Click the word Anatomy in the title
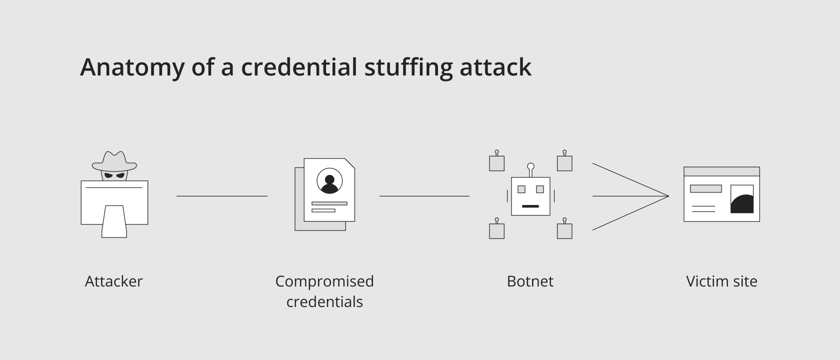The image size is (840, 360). (x=132, y=68)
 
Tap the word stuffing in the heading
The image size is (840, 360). (x=408, y=68)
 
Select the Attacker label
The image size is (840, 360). (x=114, y=281)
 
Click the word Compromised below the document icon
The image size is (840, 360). (x=324, y=281)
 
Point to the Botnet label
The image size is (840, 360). (x=530, y=281)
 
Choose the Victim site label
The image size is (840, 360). (x=721, y=281)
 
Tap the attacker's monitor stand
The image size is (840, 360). (x=114, y=221)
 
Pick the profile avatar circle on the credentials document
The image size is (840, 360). (x=329, y=181)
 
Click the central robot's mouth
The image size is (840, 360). (x=530, y=206)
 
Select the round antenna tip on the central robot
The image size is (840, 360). (x=530, y=166)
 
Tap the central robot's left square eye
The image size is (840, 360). (x=521, y=189)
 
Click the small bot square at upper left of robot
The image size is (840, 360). (x=497, y=163)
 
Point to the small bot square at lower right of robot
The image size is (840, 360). (x=565, y=231)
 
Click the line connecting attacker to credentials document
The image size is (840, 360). (x=222, y=196)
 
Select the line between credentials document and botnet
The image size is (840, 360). (x=424, y=196)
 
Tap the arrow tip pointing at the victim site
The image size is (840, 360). (x=668, y=196)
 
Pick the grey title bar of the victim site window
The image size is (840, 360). (x=722, y=172)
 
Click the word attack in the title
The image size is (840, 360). (x=495, y=68)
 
